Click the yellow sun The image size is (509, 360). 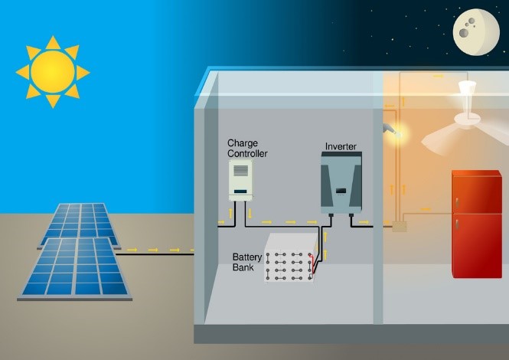[53, 72]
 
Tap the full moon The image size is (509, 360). [476, 32]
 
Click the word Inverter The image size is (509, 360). [341, 146]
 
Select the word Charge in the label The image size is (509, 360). [243, 143]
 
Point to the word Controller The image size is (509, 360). [247, 154]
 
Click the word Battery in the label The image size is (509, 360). [247, 257]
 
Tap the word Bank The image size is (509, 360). [243, 267]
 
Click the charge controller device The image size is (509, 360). [240, 180]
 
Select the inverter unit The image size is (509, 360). [341, 183]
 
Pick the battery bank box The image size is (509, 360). [291, 257]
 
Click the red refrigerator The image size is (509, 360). [477, 224]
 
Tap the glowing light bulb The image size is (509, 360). [398, 133]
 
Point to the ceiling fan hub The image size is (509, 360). [468, 119]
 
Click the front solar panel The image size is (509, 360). [75, 269]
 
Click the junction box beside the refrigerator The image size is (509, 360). [400, 227]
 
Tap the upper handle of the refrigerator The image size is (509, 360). [457, 203]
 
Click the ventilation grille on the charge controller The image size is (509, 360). [240, 171]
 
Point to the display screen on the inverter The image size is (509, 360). [341, 191]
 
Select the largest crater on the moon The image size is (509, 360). [463, 32]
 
